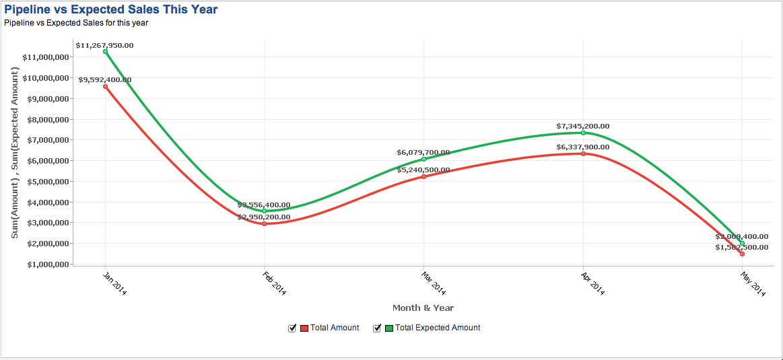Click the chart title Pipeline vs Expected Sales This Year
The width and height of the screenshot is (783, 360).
tap(110, 9)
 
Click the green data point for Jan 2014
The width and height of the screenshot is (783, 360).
tap(106, 52)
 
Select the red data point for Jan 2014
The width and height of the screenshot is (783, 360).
tap(106, 87)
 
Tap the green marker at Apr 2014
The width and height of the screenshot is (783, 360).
tap(583, 133)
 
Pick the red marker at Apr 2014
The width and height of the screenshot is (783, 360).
tap(583, 154)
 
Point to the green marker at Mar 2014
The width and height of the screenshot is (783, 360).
tap(423, 159)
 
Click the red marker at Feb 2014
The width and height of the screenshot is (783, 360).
tap(265, 224)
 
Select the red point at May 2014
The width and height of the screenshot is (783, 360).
tap(742, 254)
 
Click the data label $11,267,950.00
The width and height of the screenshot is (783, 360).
tap(104, 45)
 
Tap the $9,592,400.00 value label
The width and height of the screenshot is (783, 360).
tap(105, 79)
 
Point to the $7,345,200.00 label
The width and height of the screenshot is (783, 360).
tap(583, 126)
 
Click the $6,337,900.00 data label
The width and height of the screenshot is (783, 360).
tap(583, 147)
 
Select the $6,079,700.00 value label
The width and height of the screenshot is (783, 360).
tap(423, 152)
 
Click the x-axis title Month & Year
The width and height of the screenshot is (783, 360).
tap(423, 308)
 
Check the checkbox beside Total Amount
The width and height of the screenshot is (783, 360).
tap(292, 328)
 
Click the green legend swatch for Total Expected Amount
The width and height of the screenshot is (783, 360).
tap(388, 328)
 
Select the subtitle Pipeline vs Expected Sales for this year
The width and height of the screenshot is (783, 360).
tap(76, 23)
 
